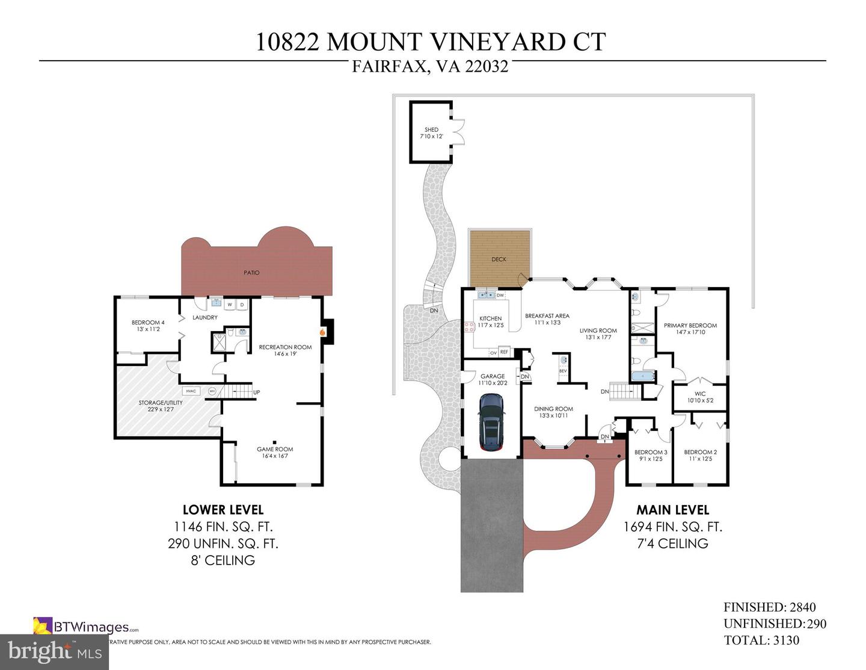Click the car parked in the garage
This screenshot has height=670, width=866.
click(491, 421)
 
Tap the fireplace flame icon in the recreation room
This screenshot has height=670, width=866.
click(322, 331)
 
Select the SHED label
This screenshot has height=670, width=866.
click(431, 130)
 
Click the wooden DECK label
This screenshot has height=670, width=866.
click(499, 259)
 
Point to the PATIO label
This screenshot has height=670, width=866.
click(251, 273)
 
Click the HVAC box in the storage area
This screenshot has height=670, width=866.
click(191, 391)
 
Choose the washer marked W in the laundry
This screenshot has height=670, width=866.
click(230, 305)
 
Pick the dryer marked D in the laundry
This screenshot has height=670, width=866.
click(242, 305)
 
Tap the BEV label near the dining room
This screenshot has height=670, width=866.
click(563, 371)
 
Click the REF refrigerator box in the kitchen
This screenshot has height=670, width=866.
click(504, 352)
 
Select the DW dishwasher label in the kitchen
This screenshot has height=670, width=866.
click(500, 295)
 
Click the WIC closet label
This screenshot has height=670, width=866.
click(700, 394)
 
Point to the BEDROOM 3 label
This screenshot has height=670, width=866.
click(651, 452)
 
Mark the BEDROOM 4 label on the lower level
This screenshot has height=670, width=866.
click(148, 323)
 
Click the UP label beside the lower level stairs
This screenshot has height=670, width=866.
click(257, 392)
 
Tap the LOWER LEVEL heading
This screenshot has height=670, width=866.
click(223, 510)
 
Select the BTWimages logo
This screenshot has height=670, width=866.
click(86, 627)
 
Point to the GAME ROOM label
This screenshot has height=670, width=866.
click(275, 449)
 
